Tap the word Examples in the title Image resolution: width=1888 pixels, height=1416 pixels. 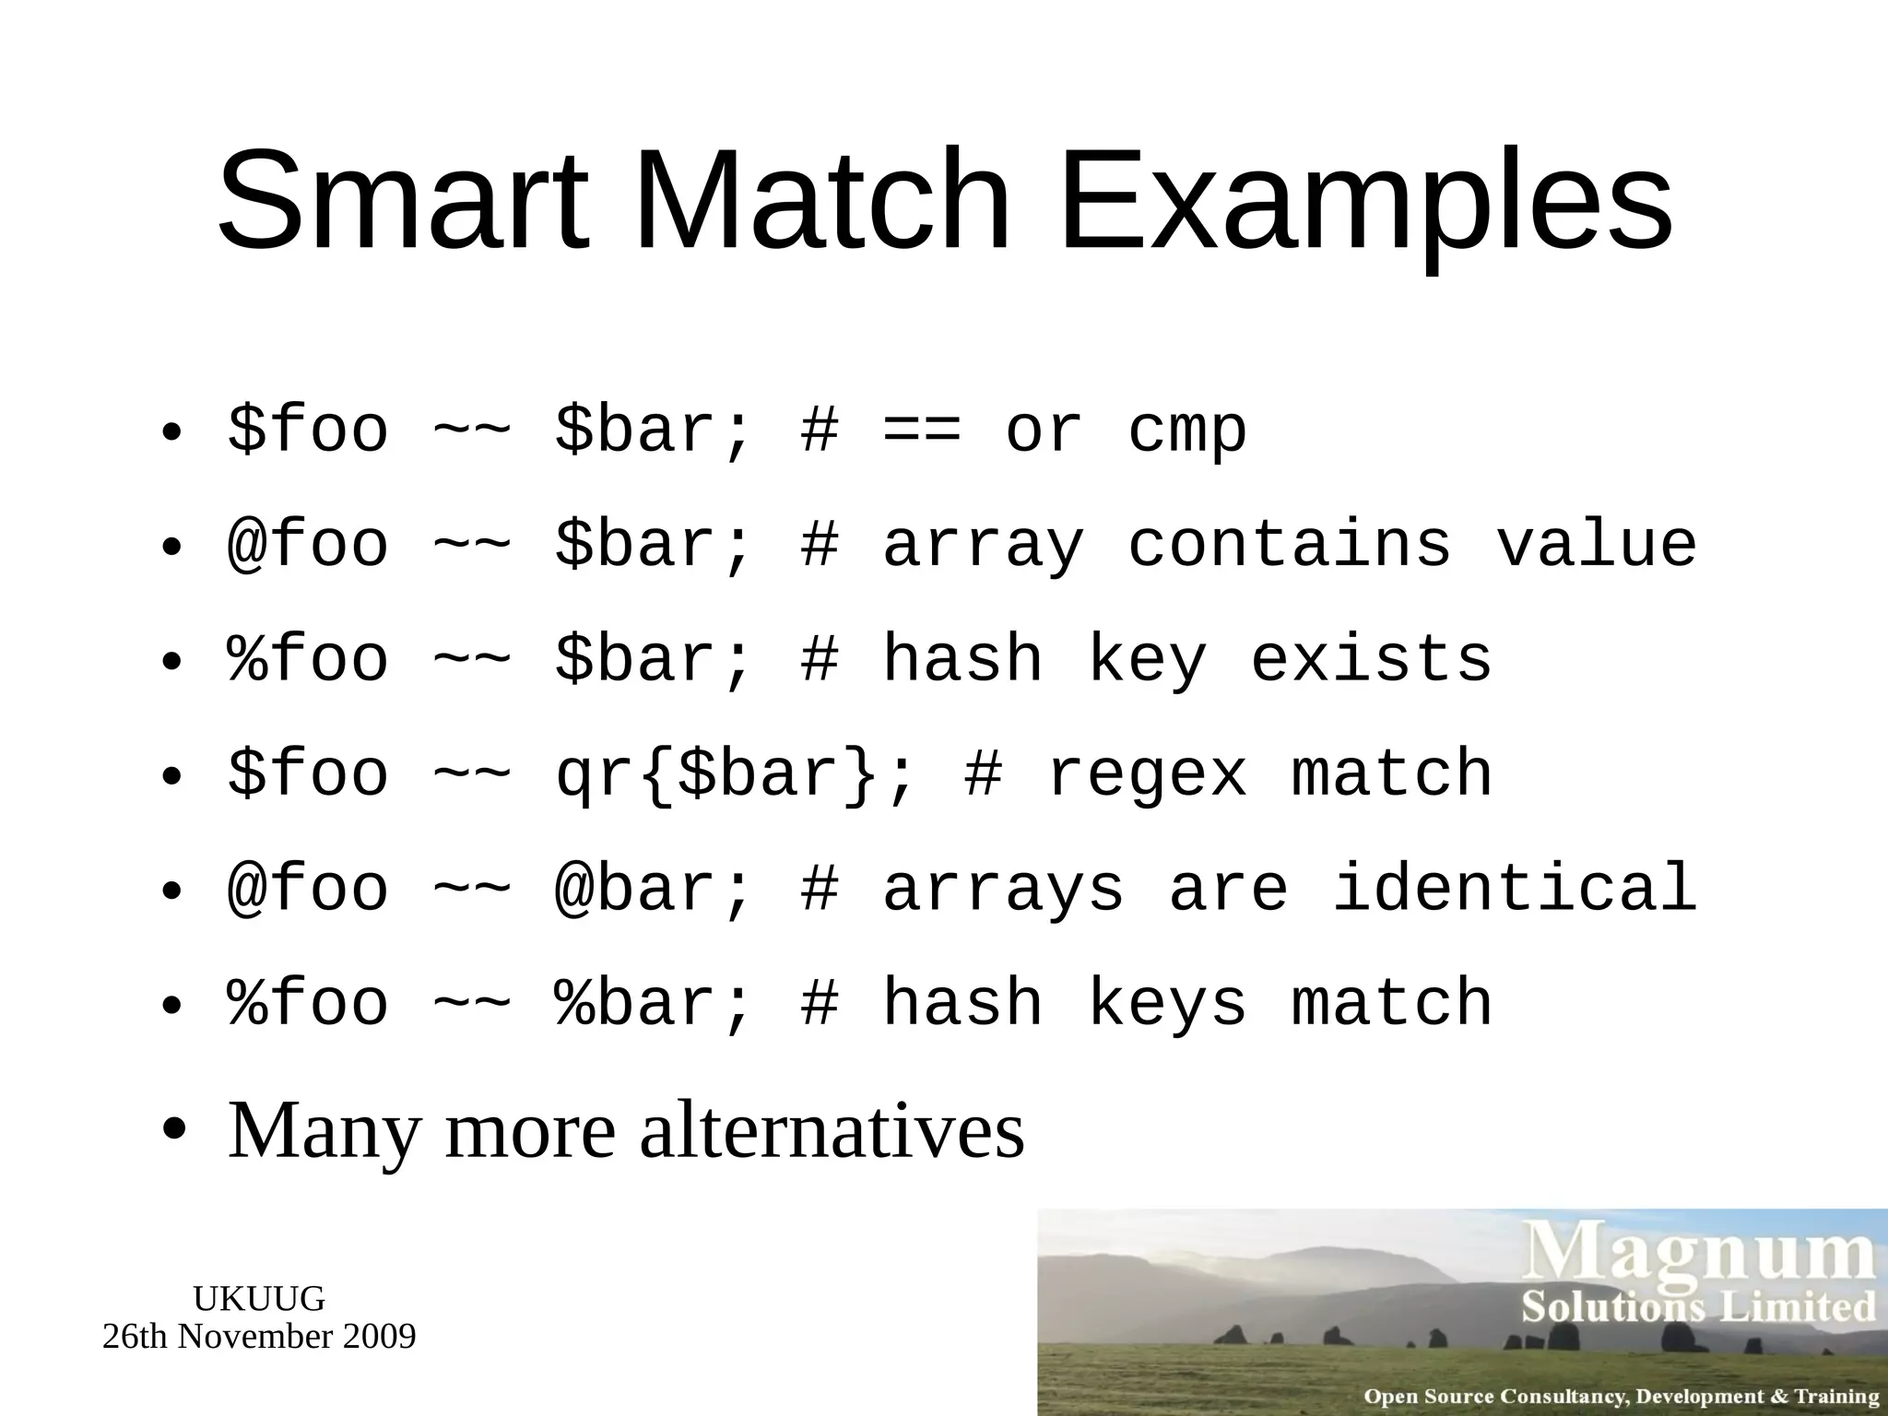[1364, 203]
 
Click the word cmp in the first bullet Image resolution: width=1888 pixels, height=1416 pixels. [1187, 431]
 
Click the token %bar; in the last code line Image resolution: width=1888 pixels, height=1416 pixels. [654, 1002]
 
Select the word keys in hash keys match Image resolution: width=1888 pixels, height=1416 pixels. [1167, 1004]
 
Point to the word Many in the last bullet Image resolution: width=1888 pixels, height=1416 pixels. [323, 1132]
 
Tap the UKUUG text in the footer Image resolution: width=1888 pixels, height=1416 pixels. [259, 1299]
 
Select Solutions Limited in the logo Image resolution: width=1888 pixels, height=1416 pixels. [1698, 1307]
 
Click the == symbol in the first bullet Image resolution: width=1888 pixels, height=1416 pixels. [921, 431]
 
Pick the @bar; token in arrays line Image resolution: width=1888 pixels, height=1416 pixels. [654, 888]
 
